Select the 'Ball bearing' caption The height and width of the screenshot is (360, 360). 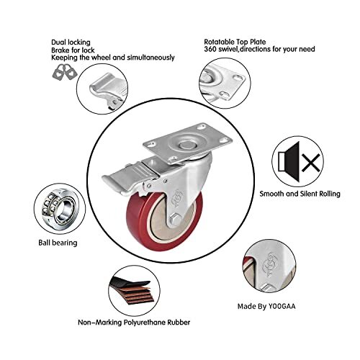(x=58, y=243)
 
